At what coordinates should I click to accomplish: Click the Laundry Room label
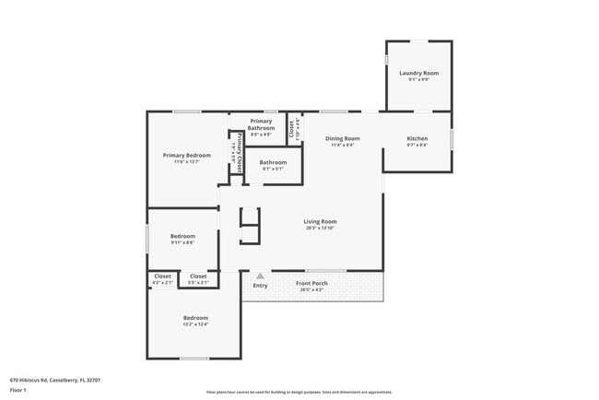click(418, 73)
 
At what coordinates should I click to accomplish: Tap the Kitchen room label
click(417, 138)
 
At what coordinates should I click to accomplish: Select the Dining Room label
click(342, 138)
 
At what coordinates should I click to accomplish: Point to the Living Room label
click(321, 221)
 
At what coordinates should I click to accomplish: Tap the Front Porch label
click(311, 283)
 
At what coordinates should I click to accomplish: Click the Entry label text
click(260, 285)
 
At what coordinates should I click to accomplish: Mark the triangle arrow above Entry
click(260, 275)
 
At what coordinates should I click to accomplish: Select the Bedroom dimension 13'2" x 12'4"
click(195, 324)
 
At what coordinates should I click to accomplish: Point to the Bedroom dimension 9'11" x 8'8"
click(182, 243)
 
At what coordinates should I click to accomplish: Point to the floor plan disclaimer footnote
click(299, 392)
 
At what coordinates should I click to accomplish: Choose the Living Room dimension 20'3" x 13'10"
click(321, 228)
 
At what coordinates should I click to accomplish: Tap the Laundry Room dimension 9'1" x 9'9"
click(418, 79)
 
